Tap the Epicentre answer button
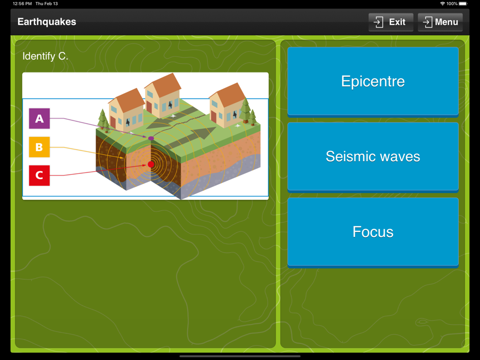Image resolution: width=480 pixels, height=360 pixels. pos(373,82)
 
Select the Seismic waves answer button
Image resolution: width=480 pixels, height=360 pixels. pos(373,156)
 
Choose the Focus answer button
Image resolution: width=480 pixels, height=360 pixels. pos(373,232)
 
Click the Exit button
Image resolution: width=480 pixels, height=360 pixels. pos(391,22)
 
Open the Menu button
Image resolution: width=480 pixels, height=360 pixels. pos(440,22)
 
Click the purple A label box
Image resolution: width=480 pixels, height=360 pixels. pos(39,119)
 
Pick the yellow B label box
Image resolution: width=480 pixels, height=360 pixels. pos(39,147)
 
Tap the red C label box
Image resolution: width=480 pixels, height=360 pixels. pos(39,175)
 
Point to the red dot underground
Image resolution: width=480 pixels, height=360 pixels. pos(151,164)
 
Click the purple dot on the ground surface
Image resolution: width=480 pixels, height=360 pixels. pos(151,138)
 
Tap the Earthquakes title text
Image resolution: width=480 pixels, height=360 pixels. pos(47,22)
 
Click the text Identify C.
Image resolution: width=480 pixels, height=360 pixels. pos(45,56)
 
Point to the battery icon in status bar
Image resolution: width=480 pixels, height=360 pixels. pos(463,4)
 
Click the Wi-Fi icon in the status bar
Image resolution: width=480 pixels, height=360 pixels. pos(443,4)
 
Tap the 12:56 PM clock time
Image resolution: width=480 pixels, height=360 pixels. pos(23,4)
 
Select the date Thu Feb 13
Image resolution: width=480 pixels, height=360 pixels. pos(47,4)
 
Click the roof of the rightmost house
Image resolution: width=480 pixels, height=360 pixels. pos(229,95)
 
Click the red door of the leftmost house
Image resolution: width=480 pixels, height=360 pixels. pos(113,122)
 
